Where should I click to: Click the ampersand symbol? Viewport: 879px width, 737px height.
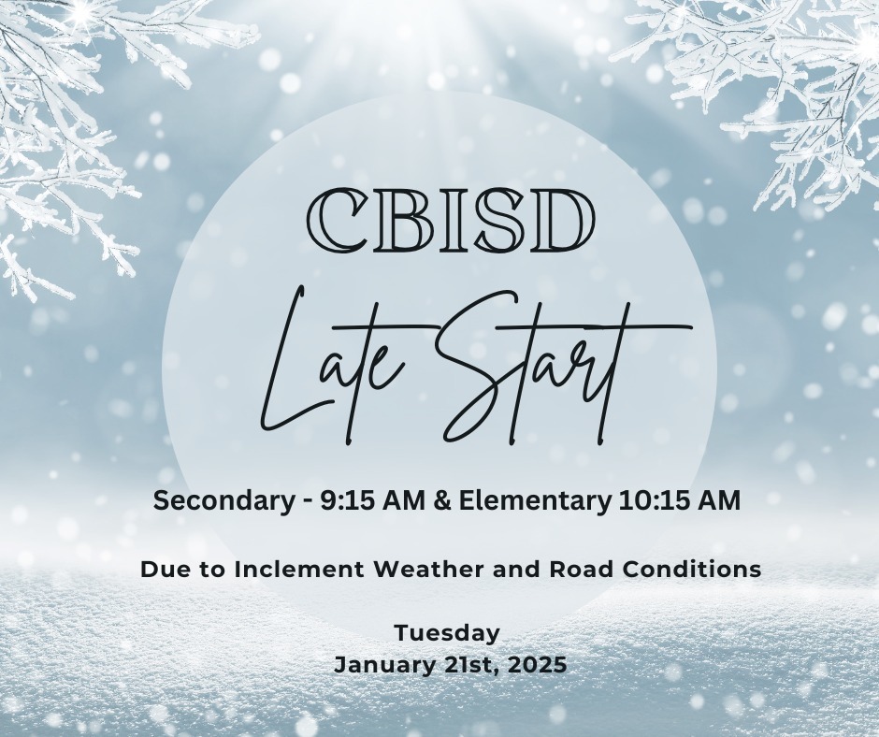click(418, 501)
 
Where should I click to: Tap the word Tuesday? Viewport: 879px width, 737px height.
click(447, 633)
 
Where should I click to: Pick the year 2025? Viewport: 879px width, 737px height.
click(535, 666)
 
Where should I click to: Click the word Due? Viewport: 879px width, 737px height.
click(162, 568)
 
